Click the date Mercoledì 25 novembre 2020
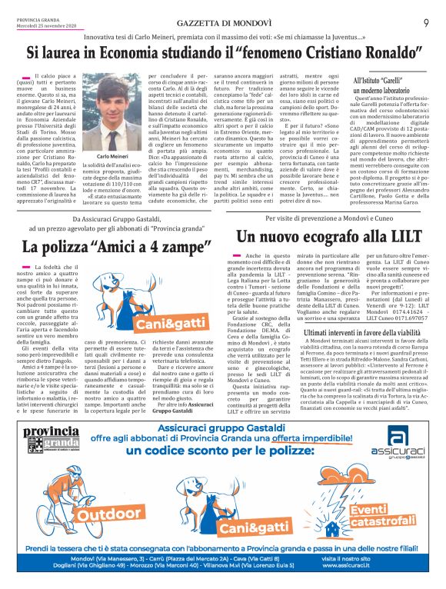coord(40,13)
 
